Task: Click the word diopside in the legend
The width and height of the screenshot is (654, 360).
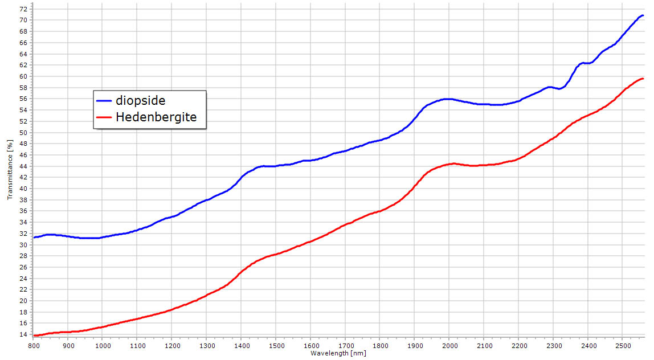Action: coord(140,100)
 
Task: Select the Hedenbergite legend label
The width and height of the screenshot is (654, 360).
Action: coord(156,117)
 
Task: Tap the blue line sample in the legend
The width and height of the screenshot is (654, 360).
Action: coord(104,100)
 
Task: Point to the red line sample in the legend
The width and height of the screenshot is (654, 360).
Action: coord(104,117)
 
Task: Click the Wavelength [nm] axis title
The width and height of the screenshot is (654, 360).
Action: coord(338,353)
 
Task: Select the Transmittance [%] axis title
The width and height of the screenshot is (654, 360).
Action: coord(10,169)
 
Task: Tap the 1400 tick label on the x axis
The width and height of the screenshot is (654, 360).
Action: coord(242,345)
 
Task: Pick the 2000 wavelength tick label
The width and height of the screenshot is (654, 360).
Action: coord(449,345)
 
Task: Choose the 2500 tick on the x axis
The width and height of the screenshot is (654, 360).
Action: coord(623,345)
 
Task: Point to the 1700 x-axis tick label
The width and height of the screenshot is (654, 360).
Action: coord(345,345)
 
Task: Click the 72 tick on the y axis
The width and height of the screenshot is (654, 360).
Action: coord(23,9)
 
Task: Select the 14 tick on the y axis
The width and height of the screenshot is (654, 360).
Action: coord(23,335)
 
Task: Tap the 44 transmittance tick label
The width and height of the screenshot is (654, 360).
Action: coord(23,166)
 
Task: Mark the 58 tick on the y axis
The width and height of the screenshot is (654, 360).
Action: coord(23,88)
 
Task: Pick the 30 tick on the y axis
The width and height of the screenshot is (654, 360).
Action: coord(23,245)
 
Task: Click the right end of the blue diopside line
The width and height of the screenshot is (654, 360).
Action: coord(643,15)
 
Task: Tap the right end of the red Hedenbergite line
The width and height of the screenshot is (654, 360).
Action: coord(643,79)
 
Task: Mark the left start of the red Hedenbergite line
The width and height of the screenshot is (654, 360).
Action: coord(34,336)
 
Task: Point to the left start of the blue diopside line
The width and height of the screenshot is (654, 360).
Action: coord(34,237)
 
